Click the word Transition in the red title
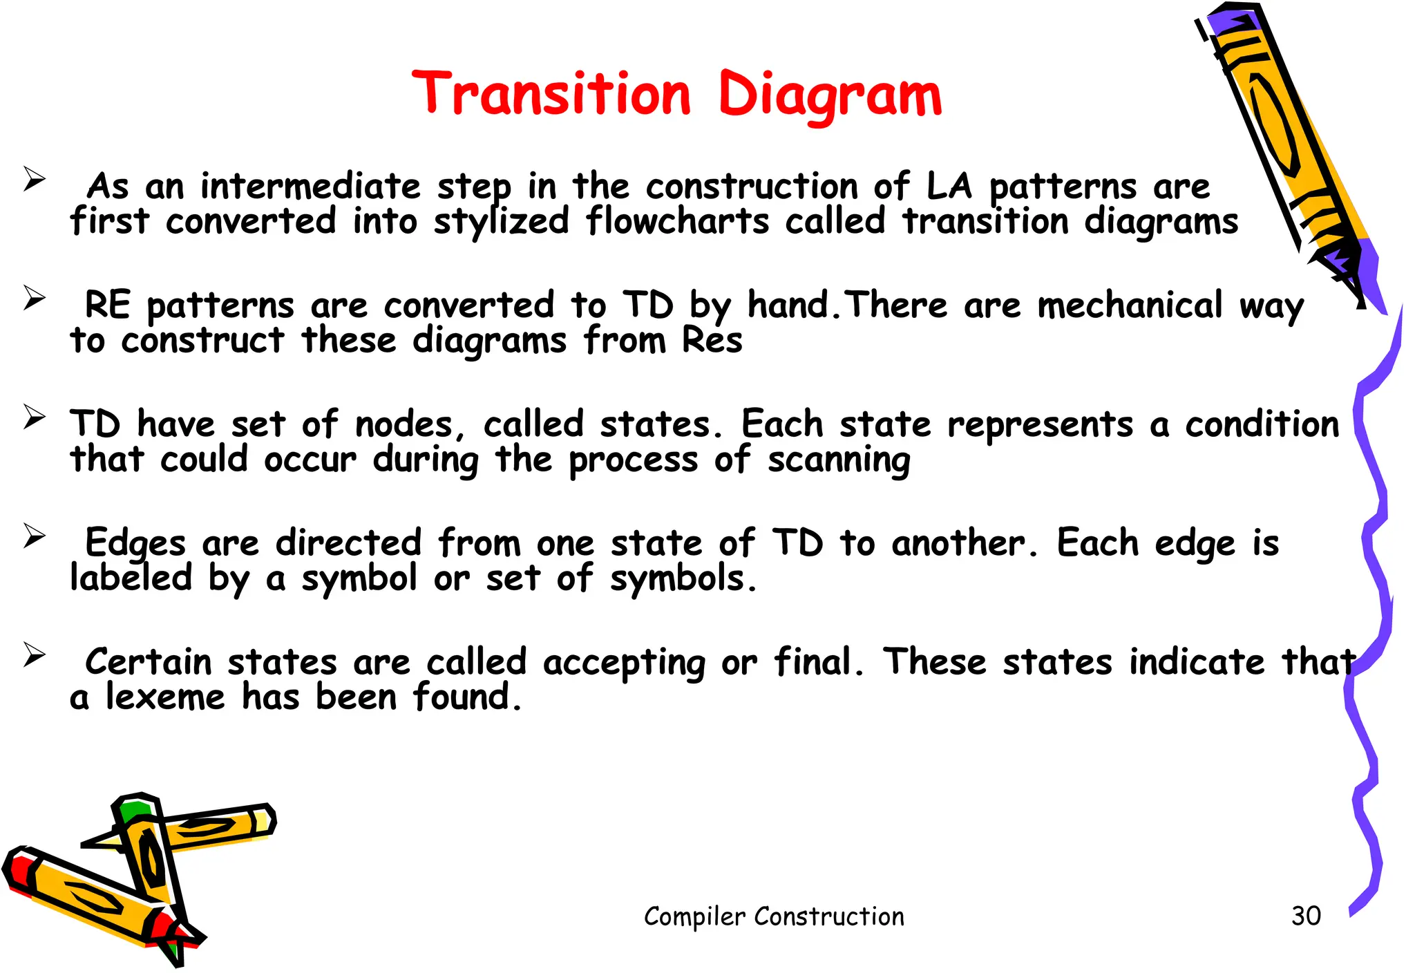[x=551, y=95]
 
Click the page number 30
[x=1306, y=916]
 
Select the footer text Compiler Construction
[x=774, y=916]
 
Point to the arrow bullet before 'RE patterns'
[x=34, y=298]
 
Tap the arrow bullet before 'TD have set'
[x=34, y=417]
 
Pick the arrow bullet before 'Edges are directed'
[x=34, y=536]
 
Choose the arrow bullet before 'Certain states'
[x=34, y=654]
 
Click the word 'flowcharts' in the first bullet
[x=677, y=222]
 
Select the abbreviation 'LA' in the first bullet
[x=949, y=187]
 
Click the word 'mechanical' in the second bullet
[x=1130, y=305]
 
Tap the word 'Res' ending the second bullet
[x=712, y=340]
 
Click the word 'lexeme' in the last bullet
[x=165, y=697]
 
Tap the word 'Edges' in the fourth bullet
[x=135, y=544]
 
